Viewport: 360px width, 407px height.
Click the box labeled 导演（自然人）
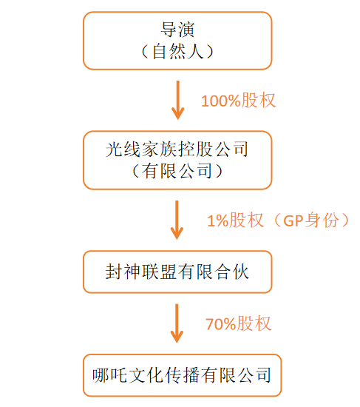[177, 40]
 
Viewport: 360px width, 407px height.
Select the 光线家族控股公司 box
[177, 160]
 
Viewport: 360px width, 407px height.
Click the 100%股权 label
[238, 101]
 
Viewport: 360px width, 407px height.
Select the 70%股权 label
[238, 323]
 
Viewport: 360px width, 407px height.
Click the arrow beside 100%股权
[177, 100]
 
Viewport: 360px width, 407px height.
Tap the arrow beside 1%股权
[177, 220]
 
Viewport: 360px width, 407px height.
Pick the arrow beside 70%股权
[177, 323]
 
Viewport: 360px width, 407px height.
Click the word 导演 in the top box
[177, 30]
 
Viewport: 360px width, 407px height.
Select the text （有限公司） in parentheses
[177, 172]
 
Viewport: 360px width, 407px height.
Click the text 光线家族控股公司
[177, 149]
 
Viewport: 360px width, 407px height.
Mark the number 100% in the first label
[220, 101]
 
